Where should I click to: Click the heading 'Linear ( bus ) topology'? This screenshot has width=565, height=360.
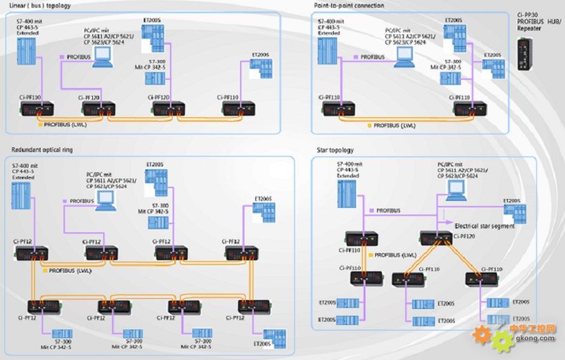tap(41, 6)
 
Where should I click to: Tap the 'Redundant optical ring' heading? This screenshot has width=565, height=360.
tap(42, 149)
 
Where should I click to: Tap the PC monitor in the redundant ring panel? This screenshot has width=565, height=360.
tap(106, 198)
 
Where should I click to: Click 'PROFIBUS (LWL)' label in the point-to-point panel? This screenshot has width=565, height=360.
tap(394, 125)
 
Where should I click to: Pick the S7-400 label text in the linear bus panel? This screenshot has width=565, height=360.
tap(29, 27)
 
